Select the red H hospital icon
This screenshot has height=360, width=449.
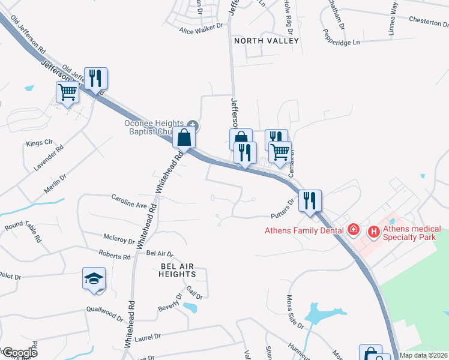373,230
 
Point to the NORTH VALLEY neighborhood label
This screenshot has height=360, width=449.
266,41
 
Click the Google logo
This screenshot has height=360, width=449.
19,352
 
